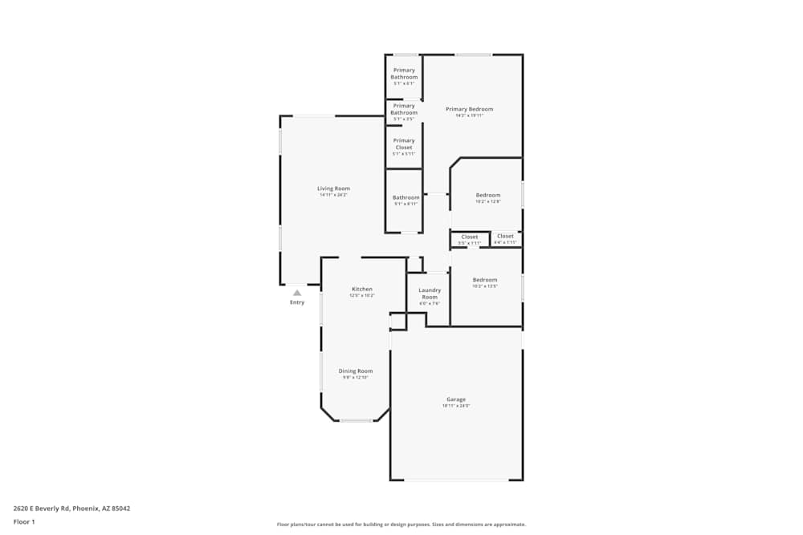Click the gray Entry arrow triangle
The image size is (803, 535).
coord(297,293)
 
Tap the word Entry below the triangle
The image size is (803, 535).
coord(297,302)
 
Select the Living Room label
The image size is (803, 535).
coord(333,188)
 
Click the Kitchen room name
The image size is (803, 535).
coord(362,289)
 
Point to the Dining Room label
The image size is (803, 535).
coord(355,371)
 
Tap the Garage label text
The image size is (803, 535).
coord(456,399)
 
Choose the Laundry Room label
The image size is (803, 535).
coord(430,294)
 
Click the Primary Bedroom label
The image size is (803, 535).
coord(469,109)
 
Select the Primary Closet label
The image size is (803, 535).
coord(404,144)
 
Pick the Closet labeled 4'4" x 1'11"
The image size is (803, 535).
coord(505,236)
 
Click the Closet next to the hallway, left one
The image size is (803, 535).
coord(470,237)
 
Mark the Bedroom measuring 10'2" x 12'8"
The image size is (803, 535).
coord(487,195)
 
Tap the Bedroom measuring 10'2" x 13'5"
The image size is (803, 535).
coord(485,280)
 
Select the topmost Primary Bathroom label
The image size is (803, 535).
coord(404,74)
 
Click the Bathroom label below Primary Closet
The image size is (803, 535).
coord(406,197)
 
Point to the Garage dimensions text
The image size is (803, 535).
coord(456,406)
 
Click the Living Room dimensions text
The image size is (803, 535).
coord(333,195)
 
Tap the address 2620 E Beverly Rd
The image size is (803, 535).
coord(71,508)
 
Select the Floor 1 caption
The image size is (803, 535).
coord(24,521)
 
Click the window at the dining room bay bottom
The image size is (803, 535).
coord(356,420)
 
